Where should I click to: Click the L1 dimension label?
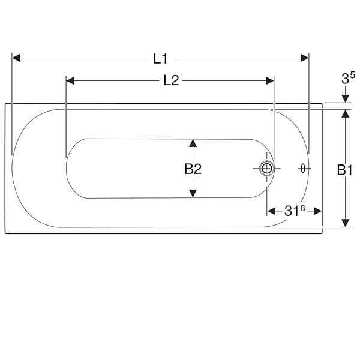[x=161, y=59]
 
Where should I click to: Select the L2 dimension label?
[x=171, y=81]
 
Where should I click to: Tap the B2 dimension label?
[x=193, y=169]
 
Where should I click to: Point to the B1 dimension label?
[x=344, y=170]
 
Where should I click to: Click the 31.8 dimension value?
[x=295, y=211]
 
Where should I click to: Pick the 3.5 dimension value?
[x=348, y=78]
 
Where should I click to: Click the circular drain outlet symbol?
[x=267, y=169]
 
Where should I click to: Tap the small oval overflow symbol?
[x=303, y=169]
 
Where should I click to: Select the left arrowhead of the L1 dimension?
[x=16, y=58]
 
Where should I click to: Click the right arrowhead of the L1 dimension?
[x=305, y=58]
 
